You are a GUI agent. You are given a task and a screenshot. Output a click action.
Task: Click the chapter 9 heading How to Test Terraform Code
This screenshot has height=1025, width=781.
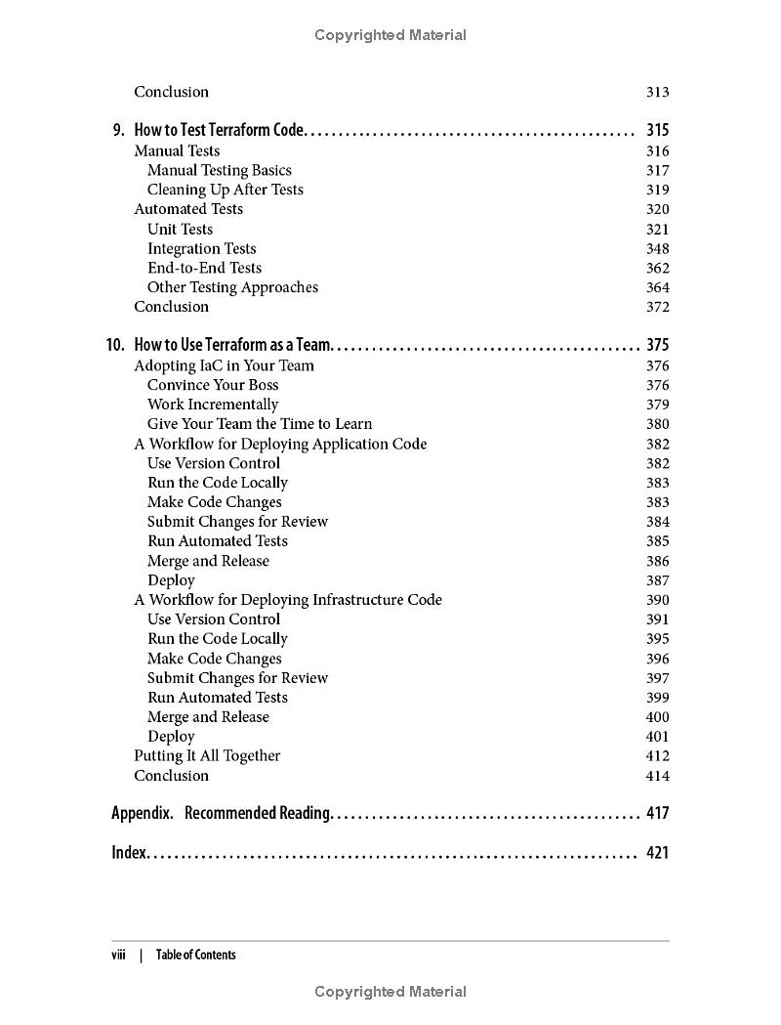[220, 130]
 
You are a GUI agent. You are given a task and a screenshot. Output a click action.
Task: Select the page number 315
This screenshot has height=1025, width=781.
[657, 130]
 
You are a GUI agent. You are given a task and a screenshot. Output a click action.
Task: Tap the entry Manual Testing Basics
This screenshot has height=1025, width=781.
[219, 170]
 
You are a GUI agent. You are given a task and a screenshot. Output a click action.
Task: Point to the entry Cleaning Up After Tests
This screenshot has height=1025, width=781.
[225, 190]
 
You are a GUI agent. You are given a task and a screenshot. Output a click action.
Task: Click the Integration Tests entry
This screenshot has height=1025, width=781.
[201, 248]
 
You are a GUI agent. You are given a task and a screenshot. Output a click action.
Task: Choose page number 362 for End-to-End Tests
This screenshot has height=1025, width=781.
[657, 268]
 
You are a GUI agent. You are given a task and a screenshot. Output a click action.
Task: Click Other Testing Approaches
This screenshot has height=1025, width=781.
[232, 287]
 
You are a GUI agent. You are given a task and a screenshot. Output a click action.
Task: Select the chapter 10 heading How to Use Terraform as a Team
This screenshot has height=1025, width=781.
[233, 345]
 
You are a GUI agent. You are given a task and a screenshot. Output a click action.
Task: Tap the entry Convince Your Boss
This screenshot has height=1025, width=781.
[213, 385]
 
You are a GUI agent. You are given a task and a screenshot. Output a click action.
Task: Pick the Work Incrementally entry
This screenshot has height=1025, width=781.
[213, 405]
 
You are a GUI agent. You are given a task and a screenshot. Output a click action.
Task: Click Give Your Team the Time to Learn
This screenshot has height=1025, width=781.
[259, 424]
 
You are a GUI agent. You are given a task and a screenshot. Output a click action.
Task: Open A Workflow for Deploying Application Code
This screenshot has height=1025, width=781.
[280, 444]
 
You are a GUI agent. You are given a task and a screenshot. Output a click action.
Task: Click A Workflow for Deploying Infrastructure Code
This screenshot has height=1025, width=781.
[288, 600]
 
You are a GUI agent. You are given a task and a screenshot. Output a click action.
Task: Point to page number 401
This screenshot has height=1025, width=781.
[657, 737]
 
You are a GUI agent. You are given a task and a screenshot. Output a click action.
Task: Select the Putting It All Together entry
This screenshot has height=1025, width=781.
[207, 756]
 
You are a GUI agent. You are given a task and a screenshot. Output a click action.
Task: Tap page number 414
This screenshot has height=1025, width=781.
[657, 776]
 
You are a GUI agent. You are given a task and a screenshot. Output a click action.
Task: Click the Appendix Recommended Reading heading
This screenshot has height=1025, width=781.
[222, 813]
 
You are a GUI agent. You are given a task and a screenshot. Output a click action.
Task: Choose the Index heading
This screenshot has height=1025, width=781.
[129, 852]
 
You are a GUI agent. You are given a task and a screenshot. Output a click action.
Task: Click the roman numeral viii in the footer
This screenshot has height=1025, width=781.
[119, 955]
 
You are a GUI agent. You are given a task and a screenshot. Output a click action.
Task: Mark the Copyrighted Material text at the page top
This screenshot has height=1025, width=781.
[390, 35]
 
